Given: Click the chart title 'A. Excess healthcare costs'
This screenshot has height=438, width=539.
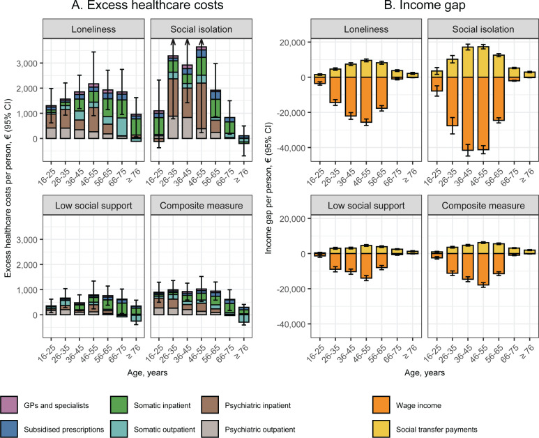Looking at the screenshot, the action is (147, 5).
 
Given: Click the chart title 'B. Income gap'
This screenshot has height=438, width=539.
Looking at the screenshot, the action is (425, 5).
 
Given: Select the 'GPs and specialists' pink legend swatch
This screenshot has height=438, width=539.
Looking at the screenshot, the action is (8, 405).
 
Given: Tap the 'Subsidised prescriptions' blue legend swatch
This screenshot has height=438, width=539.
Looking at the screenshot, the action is (8, 429).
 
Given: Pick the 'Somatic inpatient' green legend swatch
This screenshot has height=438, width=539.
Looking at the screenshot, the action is (119, 405).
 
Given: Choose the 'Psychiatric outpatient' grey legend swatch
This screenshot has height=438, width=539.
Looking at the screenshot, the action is (210, 429).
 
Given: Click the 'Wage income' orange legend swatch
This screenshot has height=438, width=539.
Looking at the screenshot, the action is (381, 405).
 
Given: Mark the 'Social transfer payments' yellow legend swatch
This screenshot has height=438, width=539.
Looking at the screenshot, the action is (381, 429).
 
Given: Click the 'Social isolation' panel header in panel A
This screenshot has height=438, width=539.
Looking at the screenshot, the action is (202, 29).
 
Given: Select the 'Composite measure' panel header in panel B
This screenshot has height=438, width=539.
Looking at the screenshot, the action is (483, 205).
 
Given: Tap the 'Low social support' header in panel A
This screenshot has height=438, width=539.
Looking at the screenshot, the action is (93, 205).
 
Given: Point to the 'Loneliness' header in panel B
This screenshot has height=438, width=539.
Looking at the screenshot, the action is (366, 29).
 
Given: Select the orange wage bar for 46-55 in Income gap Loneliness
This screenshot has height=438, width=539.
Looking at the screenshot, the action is (366, 100).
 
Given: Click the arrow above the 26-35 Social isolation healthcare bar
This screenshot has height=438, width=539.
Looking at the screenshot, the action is (173, 47).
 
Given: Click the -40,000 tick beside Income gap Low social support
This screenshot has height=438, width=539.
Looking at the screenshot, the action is (292, 324).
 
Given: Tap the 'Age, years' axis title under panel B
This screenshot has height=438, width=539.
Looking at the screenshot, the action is (425, 372).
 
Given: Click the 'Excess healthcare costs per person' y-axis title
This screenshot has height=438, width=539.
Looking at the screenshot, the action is (8, 188).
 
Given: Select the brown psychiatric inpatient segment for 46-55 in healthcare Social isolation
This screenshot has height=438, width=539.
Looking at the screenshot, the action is (202, 106).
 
